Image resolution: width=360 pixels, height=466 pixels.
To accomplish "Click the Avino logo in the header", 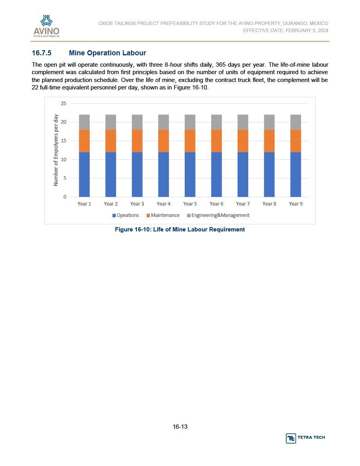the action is point(47,26).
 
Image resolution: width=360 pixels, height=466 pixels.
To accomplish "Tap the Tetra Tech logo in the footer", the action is point(305,438).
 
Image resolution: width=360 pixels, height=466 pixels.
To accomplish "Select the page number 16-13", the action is point(180,427).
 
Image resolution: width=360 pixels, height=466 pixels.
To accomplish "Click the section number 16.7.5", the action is point(42,53).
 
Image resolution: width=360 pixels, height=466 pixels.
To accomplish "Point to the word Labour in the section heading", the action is point(135,53).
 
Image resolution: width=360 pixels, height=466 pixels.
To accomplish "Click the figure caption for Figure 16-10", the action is point(180,229).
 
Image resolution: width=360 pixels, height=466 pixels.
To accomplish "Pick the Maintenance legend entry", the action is point(163,215).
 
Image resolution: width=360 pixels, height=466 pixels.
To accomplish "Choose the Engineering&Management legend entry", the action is point(218,215).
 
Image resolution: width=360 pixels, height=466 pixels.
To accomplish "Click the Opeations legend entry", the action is point(125,215).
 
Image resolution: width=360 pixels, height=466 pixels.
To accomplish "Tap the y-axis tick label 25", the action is point(64,104).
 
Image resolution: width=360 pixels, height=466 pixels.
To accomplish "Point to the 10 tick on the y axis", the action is point(64,160).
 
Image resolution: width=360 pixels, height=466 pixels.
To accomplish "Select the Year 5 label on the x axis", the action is point(190,204).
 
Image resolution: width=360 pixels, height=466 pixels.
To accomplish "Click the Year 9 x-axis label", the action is point(296,204).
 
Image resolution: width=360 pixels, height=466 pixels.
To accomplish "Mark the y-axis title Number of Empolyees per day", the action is point(56,150).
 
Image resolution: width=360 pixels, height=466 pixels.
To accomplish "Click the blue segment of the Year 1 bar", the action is point(84,175).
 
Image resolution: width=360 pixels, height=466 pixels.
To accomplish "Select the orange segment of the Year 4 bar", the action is point(164,141).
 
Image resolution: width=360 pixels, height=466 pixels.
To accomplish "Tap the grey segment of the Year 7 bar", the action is point(243,122).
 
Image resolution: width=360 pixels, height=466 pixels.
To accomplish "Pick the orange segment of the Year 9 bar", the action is point(296,141).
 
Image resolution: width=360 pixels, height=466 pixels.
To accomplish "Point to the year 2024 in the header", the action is point(323,30).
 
